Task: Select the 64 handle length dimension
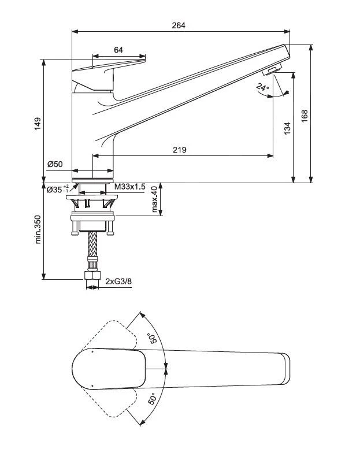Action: pos(118,50)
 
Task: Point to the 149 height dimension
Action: pos(38,123)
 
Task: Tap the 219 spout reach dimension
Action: pos(180,150)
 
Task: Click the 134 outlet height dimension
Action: pos(287,128)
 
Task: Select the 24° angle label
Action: pos(263,88)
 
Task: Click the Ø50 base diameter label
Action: pos(55,164)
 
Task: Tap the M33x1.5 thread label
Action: pos(129,187)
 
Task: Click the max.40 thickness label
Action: pos(154,199)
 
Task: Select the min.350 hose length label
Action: pos(38,229)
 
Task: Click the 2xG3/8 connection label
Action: pos(118,281)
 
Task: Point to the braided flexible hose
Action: pos(91,248)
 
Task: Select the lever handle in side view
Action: pos(107,72)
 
